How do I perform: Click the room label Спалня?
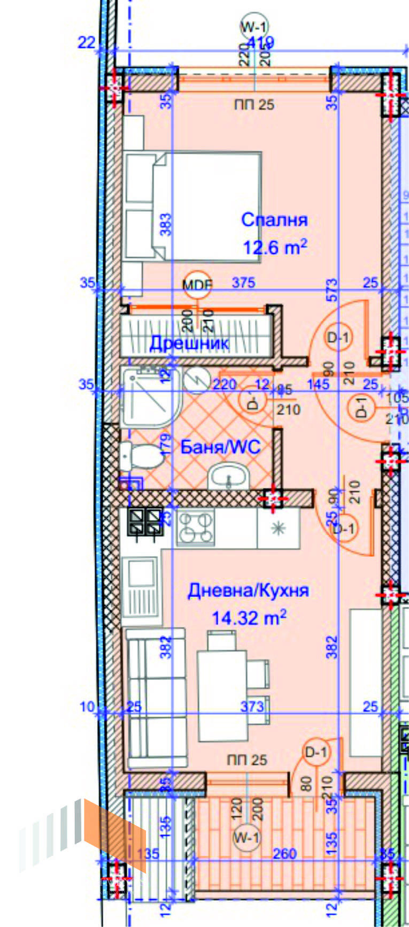click(x=274, y=220)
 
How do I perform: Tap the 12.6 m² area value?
click(x=275, y=248)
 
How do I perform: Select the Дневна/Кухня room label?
click(x=248, y=591)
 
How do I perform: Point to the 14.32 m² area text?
click(x=249, y=618)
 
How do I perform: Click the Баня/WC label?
click(x=220, y=447)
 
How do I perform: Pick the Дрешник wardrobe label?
click(x=189, y=342)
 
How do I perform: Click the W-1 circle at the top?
click(x=254, y=27)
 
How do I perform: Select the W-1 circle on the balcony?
click(x=246, y=838)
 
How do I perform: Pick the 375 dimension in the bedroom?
click(x=243, y=282)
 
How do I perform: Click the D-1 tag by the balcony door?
click(x=316, y=752)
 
